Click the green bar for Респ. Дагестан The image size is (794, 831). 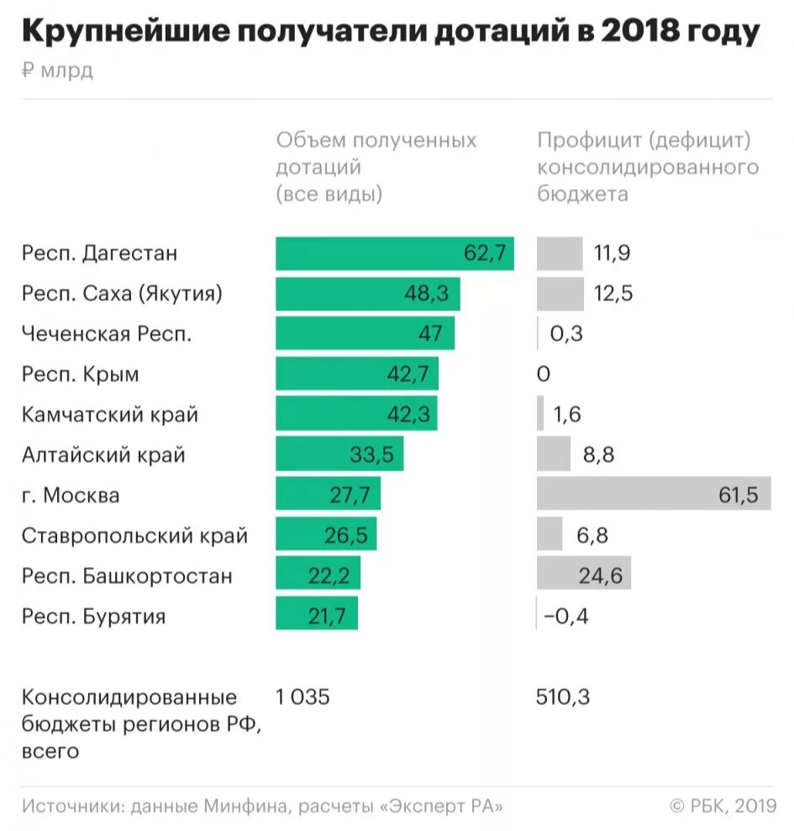coord(394,254)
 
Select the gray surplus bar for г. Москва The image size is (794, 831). coord(653,495)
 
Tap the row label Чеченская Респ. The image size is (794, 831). coord(107,334)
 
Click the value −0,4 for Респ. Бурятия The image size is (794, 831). coord(566,617)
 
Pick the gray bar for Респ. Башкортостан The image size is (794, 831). coord(583,576)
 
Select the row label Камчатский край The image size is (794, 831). coord(110,415)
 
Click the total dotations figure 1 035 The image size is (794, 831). coord(303,697)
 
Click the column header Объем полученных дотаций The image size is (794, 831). coord(376,166)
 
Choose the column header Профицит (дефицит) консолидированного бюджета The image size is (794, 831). coord(647,166)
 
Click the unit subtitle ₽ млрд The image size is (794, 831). coord(57,71)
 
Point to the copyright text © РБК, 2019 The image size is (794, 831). coord(723,806)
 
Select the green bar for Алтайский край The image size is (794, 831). coord(339,455)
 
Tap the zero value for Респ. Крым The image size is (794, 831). coord(543,375)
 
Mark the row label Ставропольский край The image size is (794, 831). coord(134,536)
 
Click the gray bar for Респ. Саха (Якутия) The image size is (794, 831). coord(560,294)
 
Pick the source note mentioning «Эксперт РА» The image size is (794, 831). coord(263,806)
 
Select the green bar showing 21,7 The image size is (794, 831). coord(316,617)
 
